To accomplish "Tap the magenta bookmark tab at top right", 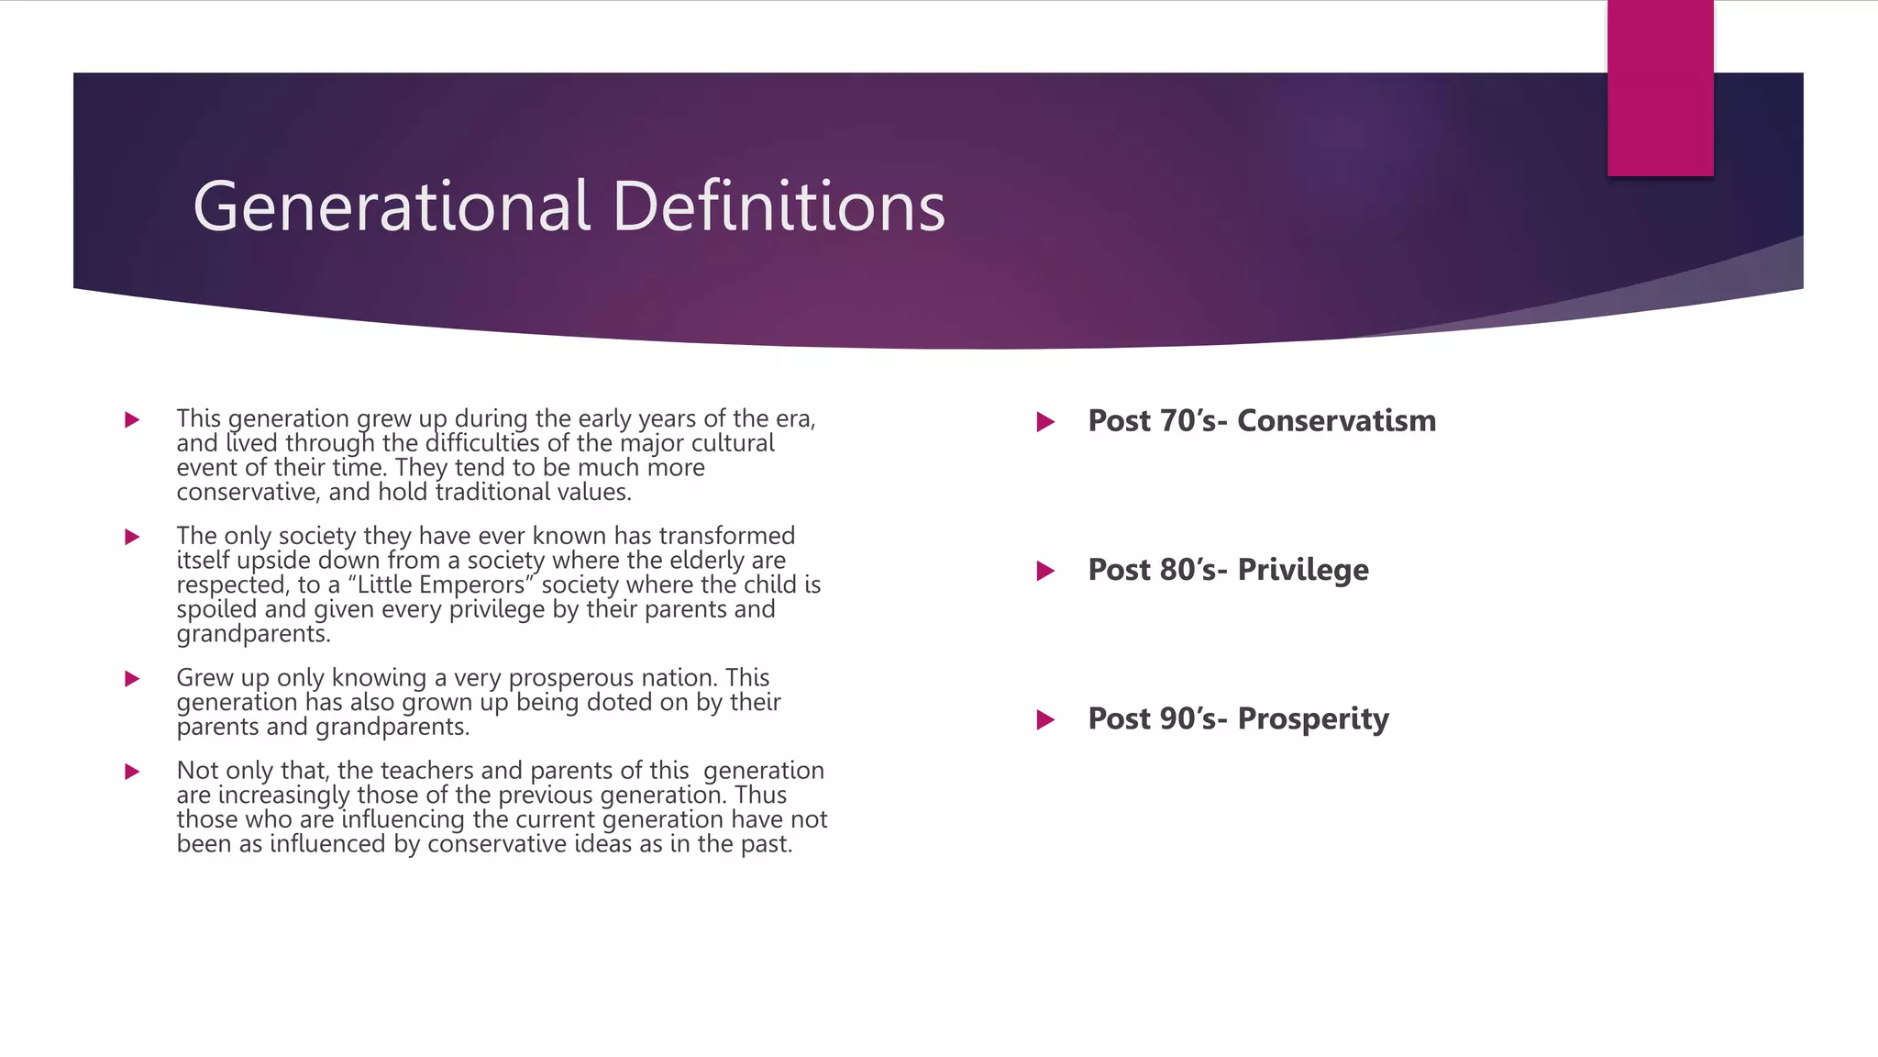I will pyautogui.click(x=1660, y=88).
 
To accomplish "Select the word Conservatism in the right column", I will pyautogui.click(x=1336, y=421).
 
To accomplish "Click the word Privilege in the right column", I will pyautogui.click(x=1302, y=571).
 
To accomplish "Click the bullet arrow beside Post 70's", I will pyautogui.click(x=1045, y=422).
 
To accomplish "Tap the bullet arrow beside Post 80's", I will pyautogui.click(x=1045, y=572).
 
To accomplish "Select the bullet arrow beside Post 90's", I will pyautogui.click(x=1045, y=720).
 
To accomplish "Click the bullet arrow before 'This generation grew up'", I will pyautogui.click(x=132, y=420).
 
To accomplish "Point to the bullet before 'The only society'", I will pyautogui.click(x=132, y=537).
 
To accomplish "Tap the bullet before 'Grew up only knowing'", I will pyautogui.click(x=132, y=679).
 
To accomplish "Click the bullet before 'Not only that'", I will pyautogui.click(x=132, y=772).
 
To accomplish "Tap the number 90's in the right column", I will pyautogui.click(x=1193, y=719).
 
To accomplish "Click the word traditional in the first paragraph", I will pyautogui.click(x=498, y=493).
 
